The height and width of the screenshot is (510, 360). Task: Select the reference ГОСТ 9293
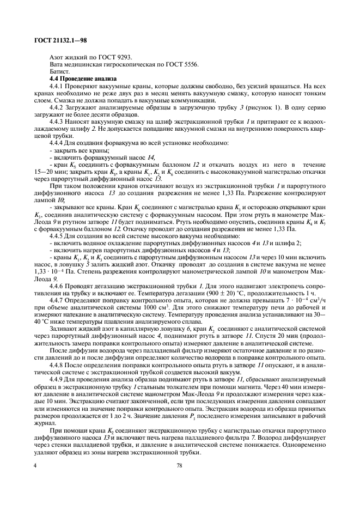click(117, 57)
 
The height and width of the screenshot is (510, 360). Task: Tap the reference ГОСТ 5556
click(184, 64)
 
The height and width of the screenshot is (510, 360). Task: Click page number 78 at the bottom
click(179, 465)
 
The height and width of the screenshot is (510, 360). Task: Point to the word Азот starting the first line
click(57, 57)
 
